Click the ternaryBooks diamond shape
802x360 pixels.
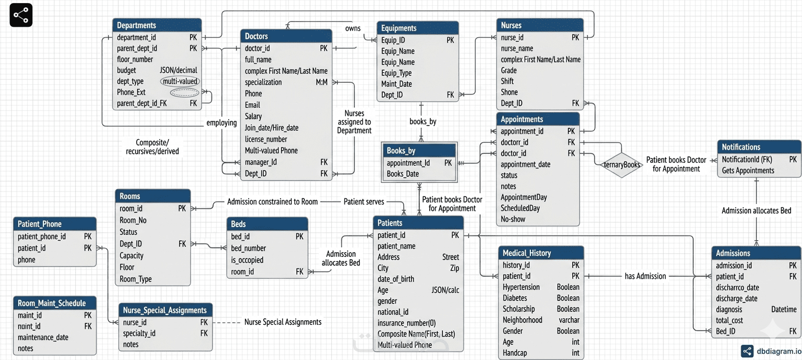621,165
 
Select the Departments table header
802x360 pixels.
157,25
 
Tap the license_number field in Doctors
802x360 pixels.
265,139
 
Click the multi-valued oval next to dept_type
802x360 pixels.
180,81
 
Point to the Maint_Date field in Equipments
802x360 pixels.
396,84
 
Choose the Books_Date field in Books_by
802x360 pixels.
403,174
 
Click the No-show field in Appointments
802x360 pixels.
513,219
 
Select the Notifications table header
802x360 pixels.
759,147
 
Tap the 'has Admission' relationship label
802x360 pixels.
645,276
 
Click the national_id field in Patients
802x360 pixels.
393,312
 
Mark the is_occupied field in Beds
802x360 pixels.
247,260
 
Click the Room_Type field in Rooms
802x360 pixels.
136,279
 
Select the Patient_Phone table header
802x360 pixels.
55,223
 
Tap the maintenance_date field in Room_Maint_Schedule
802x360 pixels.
43,337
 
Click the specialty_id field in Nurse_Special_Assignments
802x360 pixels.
139,333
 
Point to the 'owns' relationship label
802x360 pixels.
353,28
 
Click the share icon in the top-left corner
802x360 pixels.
21,15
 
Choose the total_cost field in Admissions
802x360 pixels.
729,320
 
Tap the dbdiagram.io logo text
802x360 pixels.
779,351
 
